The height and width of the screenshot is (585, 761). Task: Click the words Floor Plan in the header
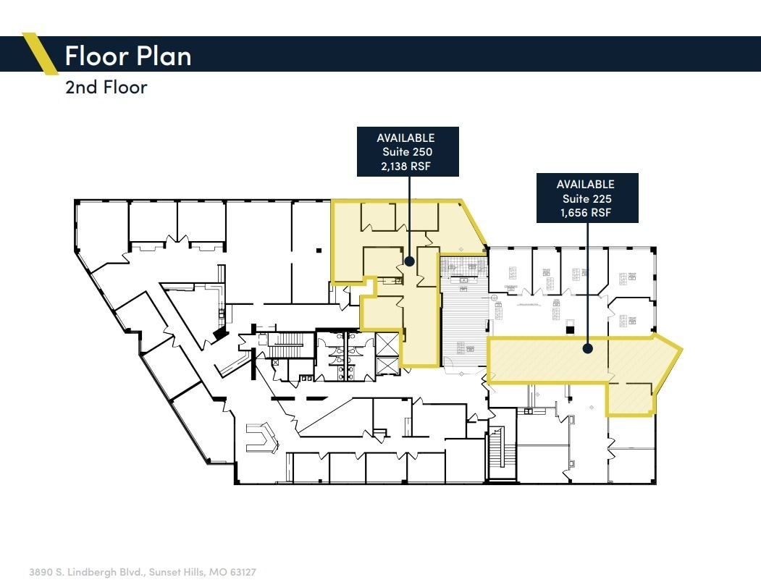click(x=128, y=55)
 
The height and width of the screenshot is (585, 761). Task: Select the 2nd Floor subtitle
click(x=106, y=88)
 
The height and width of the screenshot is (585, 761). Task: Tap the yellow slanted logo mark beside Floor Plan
click(x=41, y=54)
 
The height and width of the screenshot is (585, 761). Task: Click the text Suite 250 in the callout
click(x=407, y=152)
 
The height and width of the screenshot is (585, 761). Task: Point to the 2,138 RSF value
click(x=407, y=166)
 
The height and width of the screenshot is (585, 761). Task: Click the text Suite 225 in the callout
click(x=586, y=199)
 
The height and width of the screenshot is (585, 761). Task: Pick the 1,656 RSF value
click(x=586, y=213)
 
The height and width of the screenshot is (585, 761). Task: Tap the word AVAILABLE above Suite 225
click(x=586, y=185)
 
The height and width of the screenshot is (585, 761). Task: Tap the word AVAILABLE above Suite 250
click(x=405, y=138)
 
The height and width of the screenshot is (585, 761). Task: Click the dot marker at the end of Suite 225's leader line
click(x=588, y=348)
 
